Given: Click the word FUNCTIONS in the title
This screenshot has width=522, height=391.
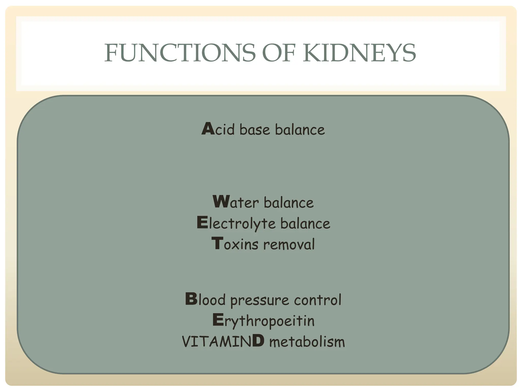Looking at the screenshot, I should pos(180,53).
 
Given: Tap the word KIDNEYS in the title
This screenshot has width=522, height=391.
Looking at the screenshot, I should pos(360,53).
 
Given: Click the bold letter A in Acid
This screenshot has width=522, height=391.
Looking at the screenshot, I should pos(208,129).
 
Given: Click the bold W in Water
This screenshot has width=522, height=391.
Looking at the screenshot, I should pos(221,202).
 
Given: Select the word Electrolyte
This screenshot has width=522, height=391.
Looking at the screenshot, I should pos(236,224).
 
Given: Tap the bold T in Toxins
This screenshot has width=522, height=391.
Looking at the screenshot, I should pos(217,243).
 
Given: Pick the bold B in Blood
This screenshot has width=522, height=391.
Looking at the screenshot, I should pos(191,299).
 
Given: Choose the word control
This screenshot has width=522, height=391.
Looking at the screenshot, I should pos(318,300).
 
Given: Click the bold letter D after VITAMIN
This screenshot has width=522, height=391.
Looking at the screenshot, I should pos(258,341).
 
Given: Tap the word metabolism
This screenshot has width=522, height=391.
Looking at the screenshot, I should pos(307,341).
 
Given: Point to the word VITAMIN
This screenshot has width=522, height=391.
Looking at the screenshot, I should pos(217,341).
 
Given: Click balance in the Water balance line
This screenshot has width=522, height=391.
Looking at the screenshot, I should pos(289,203).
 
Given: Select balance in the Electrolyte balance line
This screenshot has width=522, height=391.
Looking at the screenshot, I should pos(305,224).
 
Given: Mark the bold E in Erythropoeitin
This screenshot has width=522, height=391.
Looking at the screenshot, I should pos(218,320).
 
